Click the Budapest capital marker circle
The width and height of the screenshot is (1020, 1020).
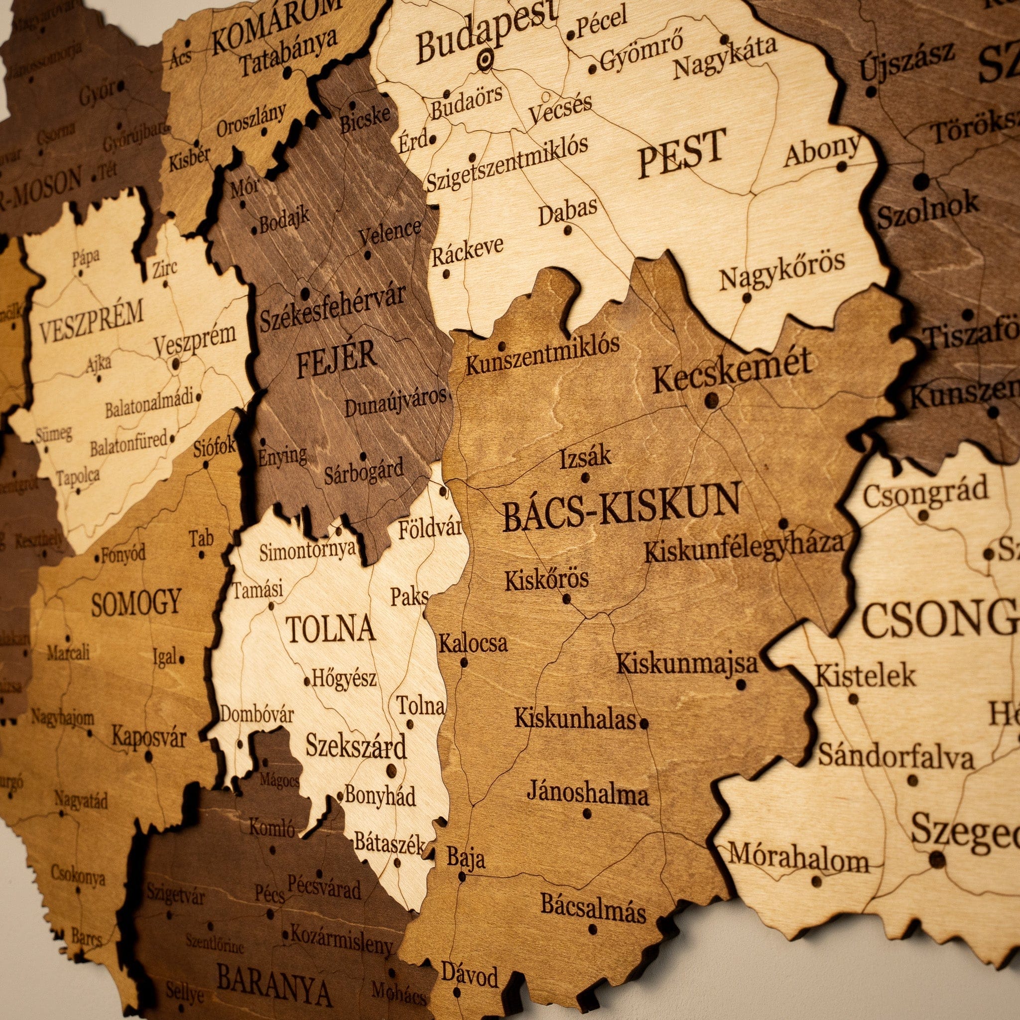click(x=485, y=60)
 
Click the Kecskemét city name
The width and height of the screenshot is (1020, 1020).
click(x=731, y=371)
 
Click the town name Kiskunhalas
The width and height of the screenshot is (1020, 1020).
click(x=575, y=719)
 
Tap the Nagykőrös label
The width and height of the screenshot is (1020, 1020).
click(x=782, y=270)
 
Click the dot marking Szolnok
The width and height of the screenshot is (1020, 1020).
click(x=921, y=181)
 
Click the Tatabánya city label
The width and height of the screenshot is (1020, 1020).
click(x=288, y=52)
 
